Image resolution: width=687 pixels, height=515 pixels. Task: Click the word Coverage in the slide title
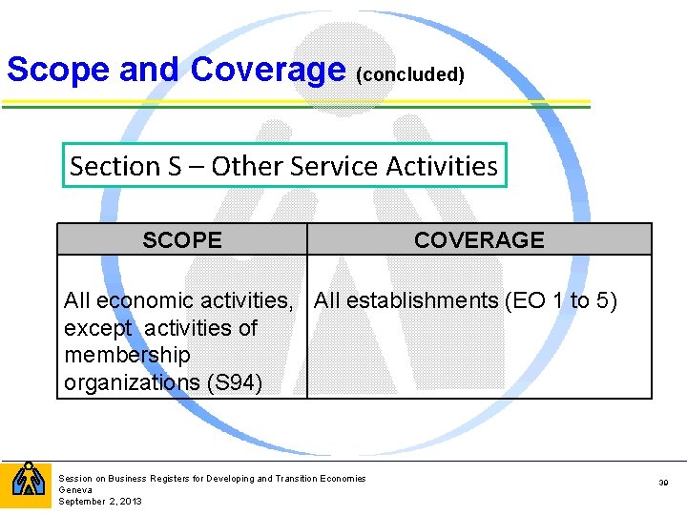click(268, 70)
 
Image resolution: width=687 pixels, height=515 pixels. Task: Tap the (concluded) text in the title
click(409, 74)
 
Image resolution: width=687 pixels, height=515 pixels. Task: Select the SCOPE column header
click(182, 240)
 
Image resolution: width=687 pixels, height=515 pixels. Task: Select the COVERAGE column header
click(479, 240)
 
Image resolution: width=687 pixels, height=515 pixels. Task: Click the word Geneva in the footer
click(74, 489)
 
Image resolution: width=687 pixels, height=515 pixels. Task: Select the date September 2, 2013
click(100, 501)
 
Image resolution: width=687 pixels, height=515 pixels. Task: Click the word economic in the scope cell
click(133, 301)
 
